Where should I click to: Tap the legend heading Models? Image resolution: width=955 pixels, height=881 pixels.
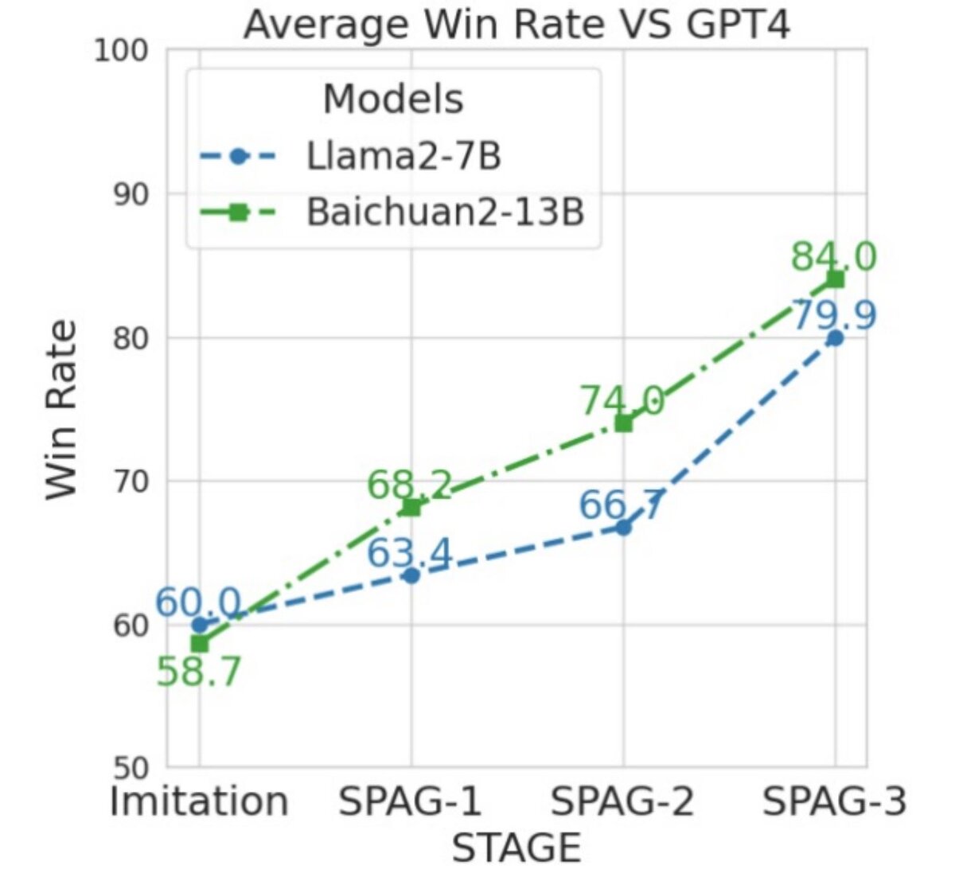(x=392, y=99)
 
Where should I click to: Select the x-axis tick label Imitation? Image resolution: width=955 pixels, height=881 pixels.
(x=199, y=801)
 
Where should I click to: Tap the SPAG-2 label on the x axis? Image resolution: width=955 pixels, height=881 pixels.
(x=623, y=801)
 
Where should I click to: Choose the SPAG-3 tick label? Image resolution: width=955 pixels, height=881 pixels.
(x=835, y=801)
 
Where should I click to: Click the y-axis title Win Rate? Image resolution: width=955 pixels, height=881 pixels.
(x=62, y=409)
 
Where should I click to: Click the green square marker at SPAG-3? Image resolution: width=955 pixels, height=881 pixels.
(x=835, y=279)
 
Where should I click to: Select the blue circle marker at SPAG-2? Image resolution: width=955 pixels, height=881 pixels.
(x=623, y=528)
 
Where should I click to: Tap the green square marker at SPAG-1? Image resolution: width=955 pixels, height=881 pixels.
(x=411, y=507)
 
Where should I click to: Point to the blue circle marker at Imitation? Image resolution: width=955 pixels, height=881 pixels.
(x=199, y=625)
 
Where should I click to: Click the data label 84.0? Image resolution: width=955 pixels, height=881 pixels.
(x=833, y=257)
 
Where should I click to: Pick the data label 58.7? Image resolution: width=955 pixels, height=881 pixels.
(x=198, y=672)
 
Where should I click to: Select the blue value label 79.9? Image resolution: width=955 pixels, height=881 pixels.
(x=833, y=314)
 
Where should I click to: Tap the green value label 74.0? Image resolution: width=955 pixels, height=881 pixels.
(x=622, y=400)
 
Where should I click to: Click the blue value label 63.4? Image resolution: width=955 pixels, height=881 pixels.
(x=409, y=553)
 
